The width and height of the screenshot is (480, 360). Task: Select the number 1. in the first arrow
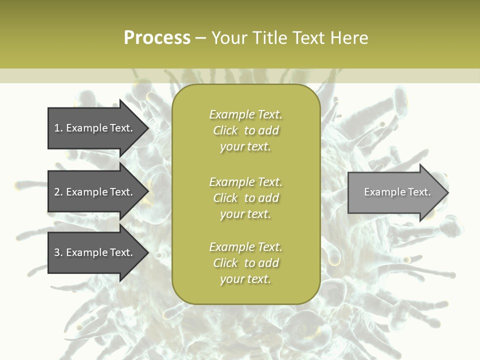point(58,128)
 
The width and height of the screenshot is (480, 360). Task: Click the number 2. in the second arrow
point(58,192)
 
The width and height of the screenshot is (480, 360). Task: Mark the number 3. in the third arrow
point(58,253)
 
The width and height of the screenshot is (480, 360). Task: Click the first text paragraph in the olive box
point(245,130)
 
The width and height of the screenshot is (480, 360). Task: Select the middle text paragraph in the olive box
point(245,198)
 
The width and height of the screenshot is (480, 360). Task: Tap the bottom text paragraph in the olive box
point(245,263)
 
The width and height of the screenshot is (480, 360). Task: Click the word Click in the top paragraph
point(225,131)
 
